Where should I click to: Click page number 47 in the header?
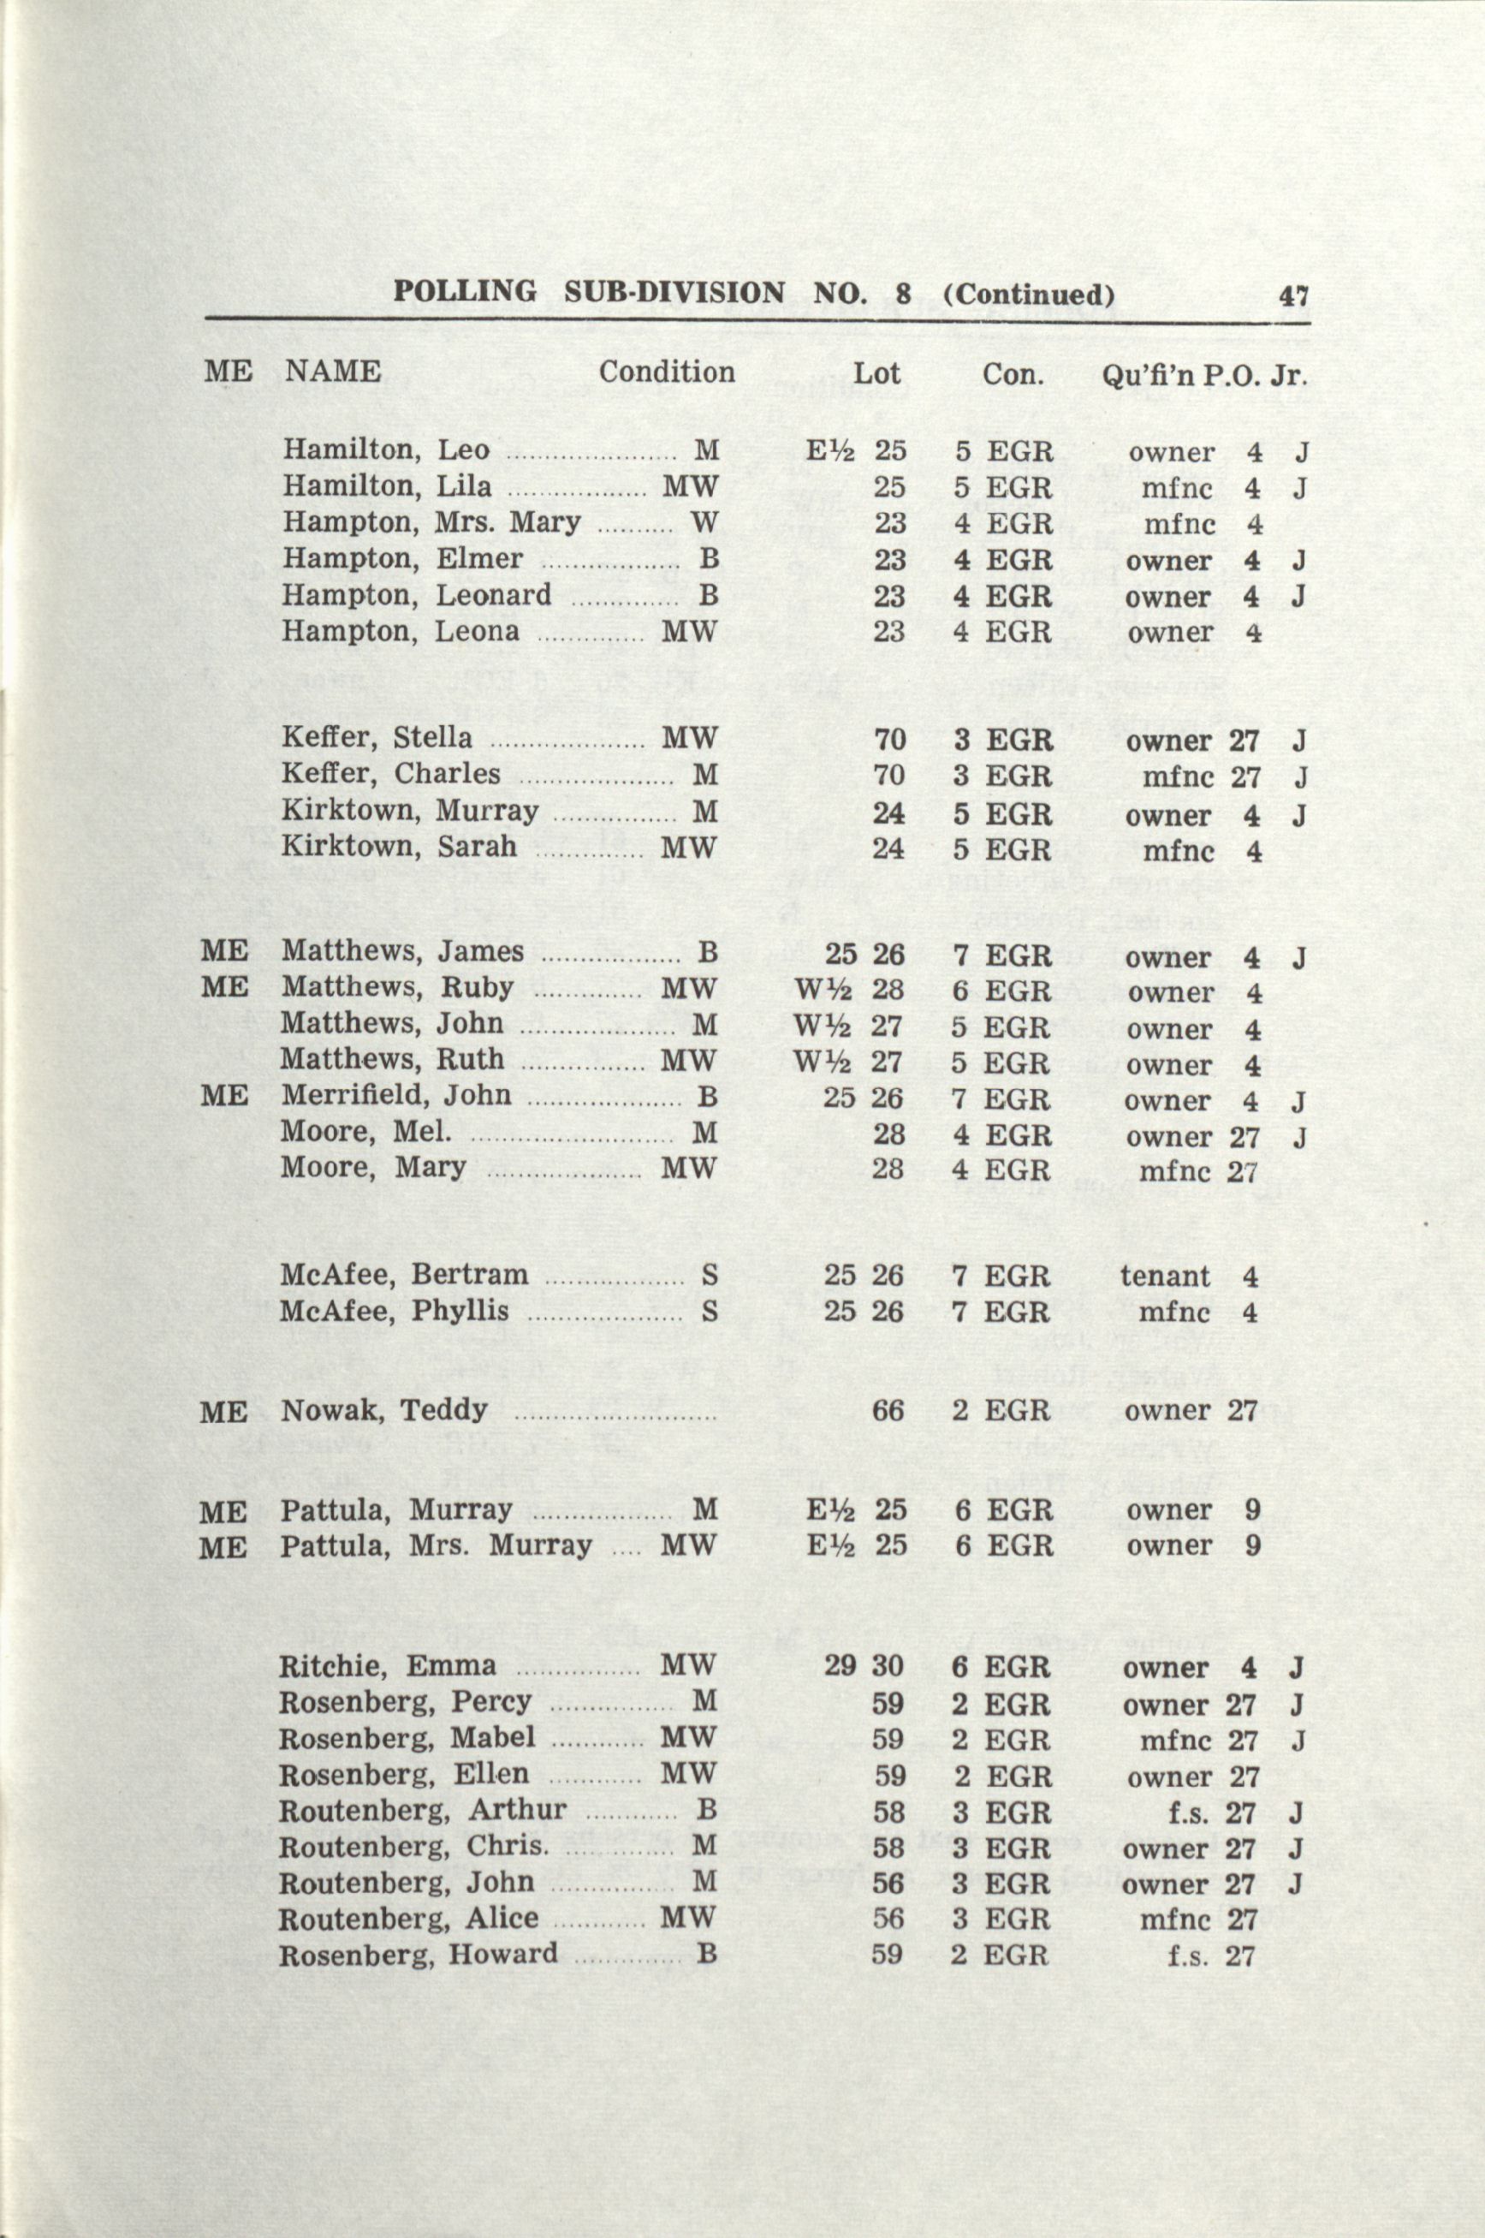pyautogui.click(x=1292, y=295)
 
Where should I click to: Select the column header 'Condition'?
pyautogui.click(x=666, y=372)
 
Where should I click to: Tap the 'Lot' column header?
pyautogui.click(x=876, y=372)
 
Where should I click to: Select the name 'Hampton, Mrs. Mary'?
pyautogui.click(x=431, y=523)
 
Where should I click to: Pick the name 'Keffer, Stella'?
pyautogui.click(x=376, y=739)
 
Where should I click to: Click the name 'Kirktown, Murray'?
pyautogui.click(x=409, y=812)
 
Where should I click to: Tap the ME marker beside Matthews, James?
pyautogui.click(x=224, y=952)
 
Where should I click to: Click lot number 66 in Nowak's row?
pyautogui.click(x=888, y=1411)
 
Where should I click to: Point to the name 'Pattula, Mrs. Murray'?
pyautogui.click(x=435, y=1546)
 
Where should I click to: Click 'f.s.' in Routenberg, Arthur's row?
pyautogui.click(x=1189, y=1812)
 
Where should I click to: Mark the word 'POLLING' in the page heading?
pyautogui.click(x=464, y=292)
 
